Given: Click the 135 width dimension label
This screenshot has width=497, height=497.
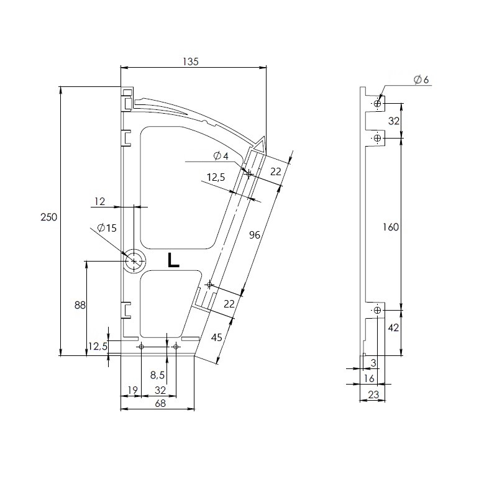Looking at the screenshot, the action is pos(191,61).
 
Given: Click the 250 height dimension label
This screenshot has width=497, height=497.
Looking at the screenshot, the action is pos(49,217).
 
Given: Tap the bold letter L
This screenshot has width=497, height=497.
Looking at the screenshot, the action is pos(173,260).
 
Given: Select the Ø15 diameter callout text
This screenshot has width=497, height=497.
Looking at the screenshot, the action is pos(107,228).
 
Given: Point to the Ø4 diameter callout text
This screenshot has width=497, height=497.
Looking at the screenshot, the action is pos(221,156).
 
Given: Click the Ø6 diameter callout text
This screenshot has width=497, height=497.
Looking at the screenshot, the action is pos(421,80).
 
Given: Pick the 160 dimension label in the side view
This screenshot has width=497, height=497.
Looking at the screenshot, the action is pos(391,227).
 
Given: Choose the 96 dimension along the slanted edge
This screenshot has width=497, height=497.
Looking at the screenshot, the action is pos(255,235).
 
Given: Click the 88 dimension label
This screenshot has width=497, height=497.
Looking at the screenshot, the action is pos(80,305).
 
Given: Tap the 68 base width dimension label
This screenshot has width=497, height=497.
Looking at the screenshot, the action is pos(160,403).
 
